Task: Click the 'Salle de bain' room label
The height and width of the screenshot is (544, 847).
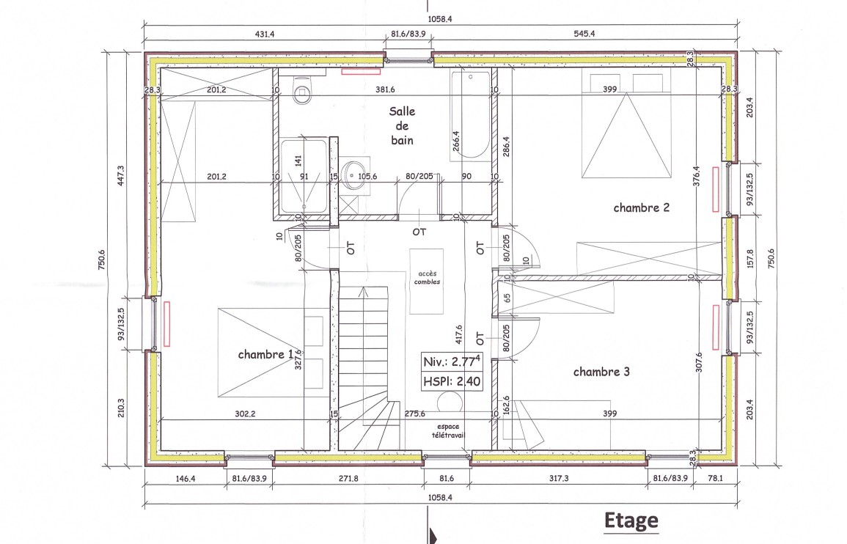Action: [x=403, y=126]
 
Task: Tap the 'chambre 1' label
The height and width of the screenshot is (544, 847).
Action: [x=265, y=354]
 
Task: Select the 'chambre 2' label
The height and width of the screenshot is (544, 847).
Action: [x=641, y=207]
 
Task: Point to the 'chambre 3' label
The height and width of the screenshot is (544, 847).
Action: [x=601, y=372]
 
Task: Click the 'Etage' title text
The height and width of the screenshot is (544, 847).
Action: [x=631, y=521]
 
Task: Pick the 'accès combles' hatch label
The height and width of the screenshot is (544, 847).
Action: [x=427, y=278]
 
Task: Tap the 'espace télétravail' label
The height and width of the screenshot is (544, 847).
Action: [x=448, y=430]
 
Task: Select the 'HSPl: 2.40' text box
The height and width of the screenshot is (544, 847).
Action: [x=452, y=381]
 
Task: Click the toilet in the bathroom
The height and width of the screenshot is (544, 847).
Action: [x=302, y=89]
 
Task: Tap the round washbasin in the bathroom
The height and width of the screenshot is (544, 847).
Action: [x=353, y=174]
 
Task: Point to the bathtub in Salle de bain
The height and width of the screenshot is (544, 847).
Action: [x=471, y=116]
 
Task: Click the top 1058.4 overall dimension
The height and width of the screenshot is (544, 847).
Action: [x=440, y=19]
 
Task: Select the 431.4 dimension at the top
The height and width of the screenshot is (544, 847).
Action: [x=265, y=34]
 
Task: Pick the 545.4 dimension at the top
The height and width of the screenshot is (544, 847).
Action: [x=584, y=34]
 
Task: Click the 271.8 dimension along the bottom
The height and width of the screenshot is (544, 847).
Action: [x=348, y=478]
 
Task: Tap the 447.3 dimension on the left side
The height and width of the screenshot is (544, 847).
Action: [x=120, y=175]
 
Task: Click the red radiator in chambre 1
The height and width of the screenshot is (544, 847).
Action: [x=167, y=323]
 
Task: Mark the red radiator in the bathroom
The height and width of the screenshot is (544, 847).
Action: [x=361, y=71]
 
